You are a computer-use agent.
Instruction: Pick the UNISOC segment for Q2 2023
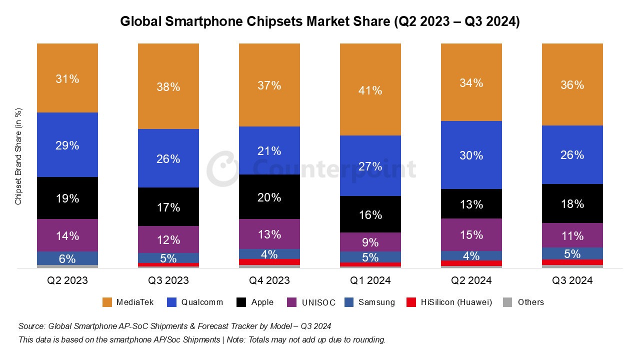pos(67,235)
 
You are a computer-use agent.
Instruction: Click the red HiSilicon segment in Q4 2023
pos(269,262)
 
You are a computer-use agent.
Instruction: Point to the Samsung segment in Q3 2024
pos(572,253)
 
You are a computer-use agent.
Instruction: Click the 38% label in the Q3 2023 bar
pos(168,87)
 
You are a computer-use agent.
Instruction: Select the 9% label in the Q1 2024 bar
pos(370,242)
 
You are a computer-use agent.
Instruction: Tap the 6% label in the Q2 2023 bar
pos(67,259)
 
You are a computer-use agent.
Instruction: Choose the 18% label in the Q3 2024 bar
pos(572,204)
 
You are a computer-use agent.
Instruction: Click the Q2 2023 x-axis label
pos(67,280)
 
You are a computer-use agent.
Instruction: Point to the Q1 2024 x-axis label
pos(370,280)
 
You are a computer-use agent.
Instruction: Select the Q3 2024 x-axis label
pos(572,280)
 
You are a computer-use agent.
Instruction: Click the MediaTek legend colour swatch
pos(107,302)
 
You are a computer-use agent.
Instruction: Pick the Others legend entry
pos(530,302)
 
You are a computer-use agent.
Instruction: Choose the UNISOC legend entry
pos(317,302)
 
